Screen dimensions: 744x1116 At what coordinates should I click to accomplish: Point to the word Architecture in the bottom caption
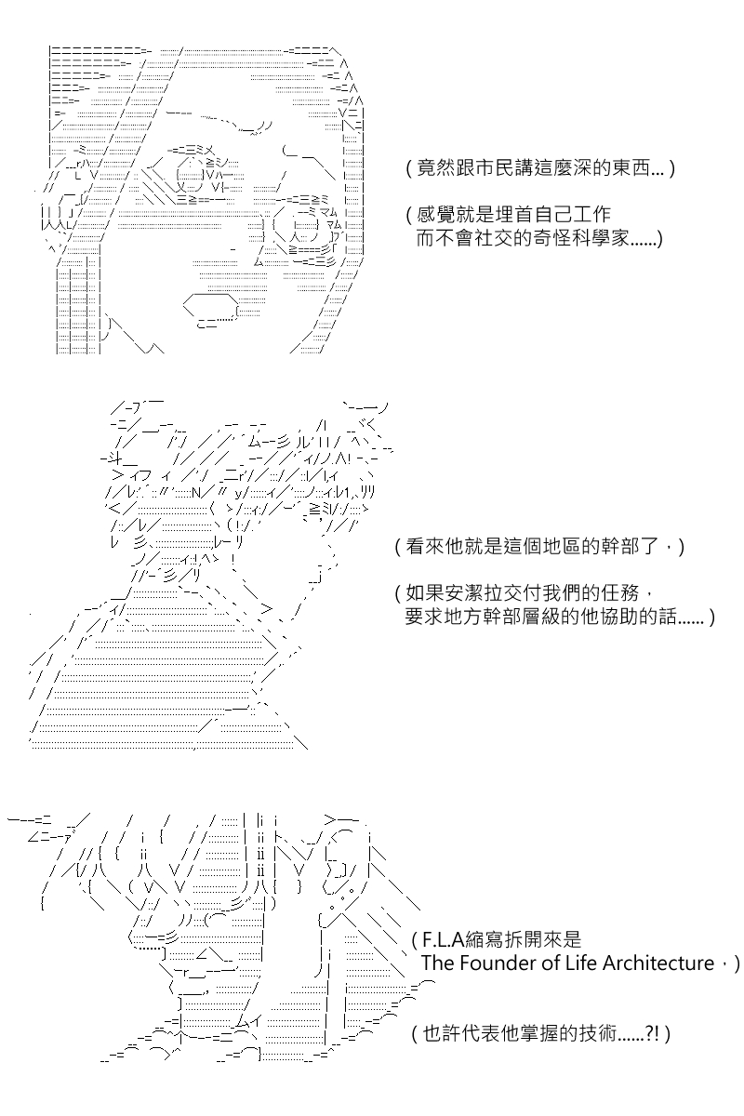point(658,963)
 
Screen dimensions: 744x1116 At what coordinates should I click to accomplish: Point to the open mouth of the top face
point(211,310)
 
